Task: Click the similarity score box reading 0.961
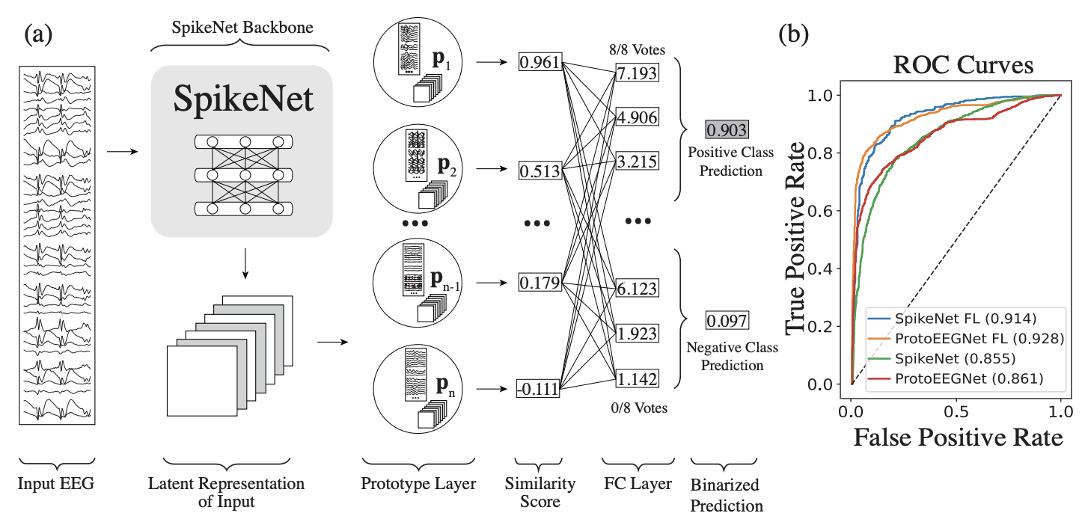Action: click(x=540, y=63)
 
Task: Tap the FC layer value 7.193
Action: click(x=636, y=73)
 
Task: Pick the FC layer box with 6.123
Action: click(x=636, y=286)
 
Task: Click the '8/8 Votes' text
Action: click(x=636, y=50)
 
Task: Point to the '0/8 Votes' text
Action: click(x=636, y=408)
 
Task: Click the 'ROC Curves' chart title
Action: click(x=965, y=65)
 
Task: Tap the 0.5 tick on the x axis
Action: click(x=956, y=412)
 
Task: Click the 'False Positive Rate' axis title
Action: click(x=958, y=437)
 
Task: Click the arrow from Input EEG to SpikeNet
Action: click(x=123, y=153)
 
